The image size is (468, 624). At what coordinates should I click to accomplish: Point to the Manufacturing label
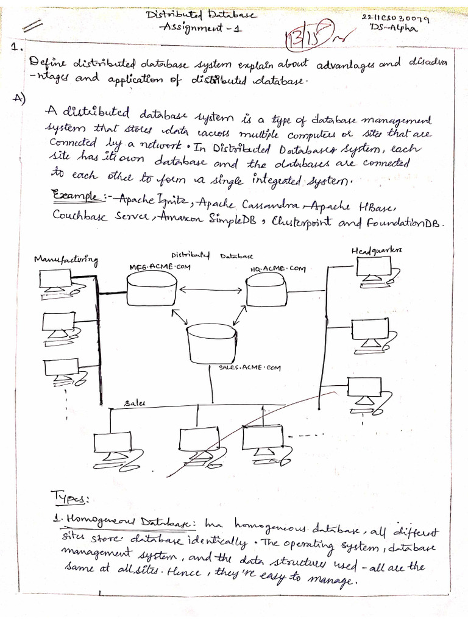(66, 261)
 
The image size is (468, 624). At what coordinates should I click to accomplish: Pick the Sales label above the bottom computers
(135, 403)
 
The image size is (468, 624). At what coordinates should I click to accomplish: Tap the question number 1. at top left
(18, 46)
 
